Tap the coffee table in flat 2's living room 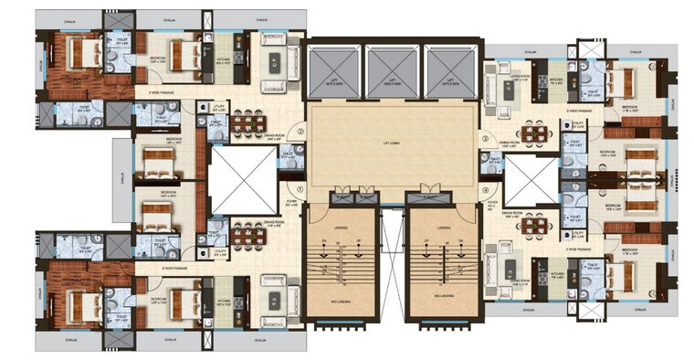(274, 63)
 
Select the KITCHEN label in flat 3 (553, 79)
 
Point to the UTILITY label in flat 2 (218, 108)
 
